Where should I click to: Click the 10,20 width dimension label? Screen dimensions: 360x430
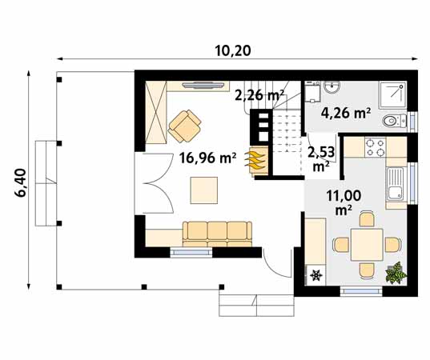pyautogui.click(x=233, y=50)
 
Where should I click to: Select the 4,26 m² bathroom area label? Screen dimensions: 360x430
pyautogui.click(x=345, y=114)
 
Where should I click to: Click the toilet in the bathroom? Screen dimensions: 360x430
pyautogui.click(x=392, y=121)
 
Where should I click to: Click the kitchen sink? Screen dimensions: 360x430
pyautogui.click(x=396, y=186)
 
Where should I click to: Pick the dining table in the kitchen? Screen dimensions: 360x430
pyautogui.click(x=366, y=242)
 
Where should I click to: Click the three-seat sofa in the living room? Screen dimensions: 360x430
pyautogui.click(x=216, y=232)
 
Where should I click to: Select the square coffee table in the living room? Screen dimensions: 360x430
pyautogui.click(x=203, y=190)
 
